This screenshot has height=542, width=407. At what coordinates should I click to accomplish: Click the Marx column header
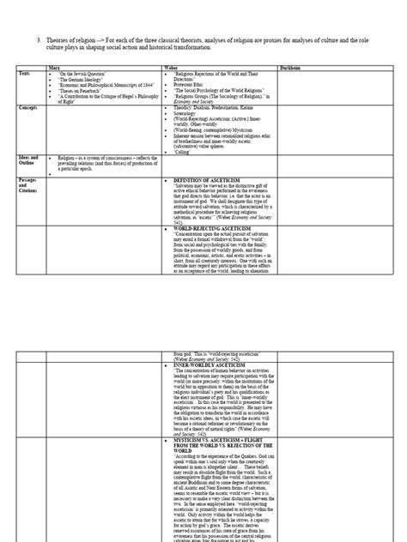pyautogui.click(x=54, y=69)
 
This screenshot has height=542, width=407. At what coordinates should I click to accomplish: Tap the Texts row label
pyautogui.click(x=25, y=75)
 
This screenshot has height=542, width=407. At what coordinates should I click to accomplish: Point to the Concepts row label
pyautogui.click(x=30, y=110)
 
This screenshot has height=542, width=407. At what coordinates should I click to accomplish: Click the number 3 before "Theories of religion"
pyautogui.click(x=39, y=39)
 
